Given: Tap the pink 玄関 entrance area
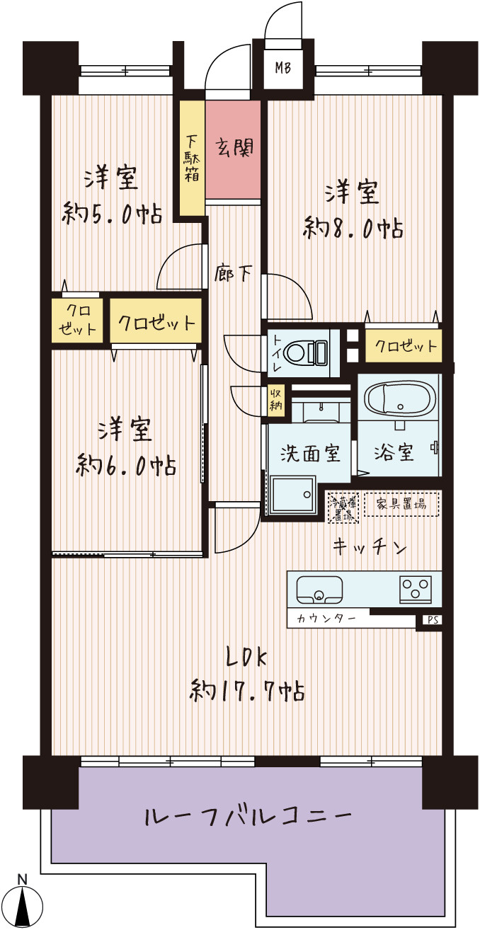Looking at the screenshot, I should pyautogui.click(x=233, y=149).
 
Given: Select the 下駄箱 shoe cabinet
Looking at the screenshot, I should pyautogui.click(x=191, y=158).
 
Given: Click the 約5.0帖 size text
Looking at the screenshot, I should pyautogui.click(x=111, y=212).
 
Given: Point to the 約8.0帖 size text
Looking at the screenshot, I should pyautogui.click(x=354, y=228).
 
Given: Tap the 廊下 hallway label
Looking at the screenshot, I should pyautogui.click(x=233, y=273).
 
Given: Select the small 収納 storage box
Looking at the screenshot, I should pyautogui.click(x=275, y=400).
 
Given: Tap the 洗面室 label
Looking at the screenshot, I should pyautogui.click(x=310, y=452).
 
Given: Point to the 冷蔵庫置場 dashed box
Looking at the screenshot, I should pyautogui.click(x=343, y=507).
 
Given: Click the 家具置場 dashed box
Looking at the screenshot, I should pyautogui.click(x=401, y=504).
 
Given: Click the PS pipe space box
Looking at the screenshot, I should pyautogui.click(x=433, y=620).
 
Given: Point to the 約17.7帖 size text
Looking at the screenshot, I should pyautogui.click(x=247, y=689).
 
